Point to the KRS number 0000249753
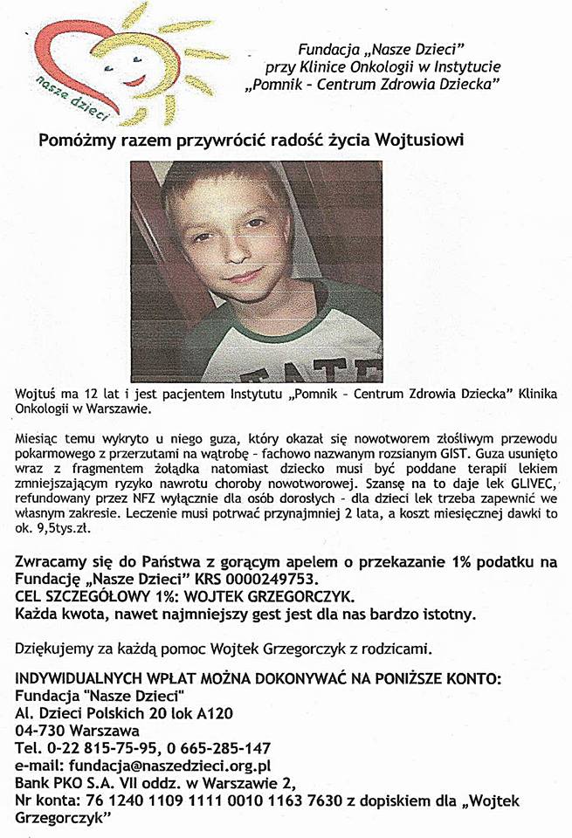(x=259, y=579)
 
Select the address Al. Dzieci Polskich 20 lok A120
(x=124, y=712)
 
